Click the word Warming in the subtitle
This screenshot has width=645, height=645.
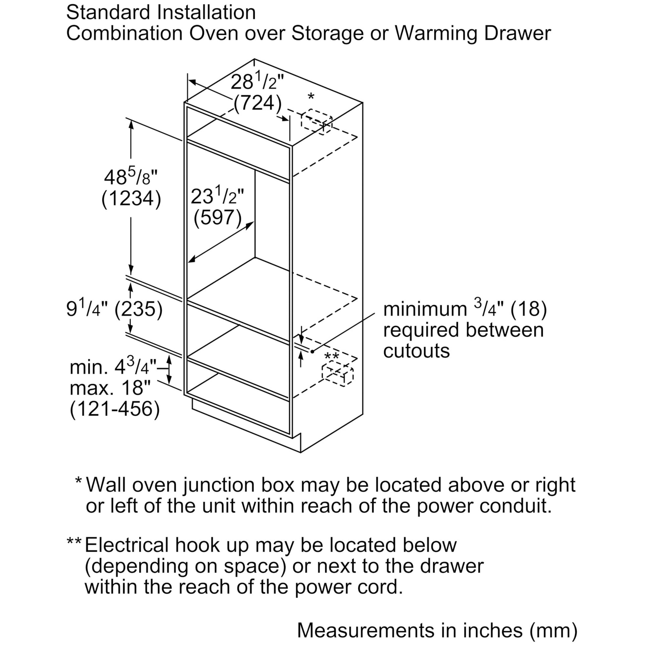(436, 34)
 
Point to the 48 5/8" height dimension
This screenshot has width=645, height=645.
(131, 177)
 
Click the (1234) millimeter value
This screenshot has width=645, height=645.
(131, 199)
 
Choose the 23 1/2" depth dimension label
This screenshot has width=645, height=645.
(217, 196)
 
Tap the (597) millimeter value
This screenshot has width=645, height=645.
(218, 217)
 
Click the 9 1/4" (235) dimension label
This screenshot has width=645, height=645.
(114, 309)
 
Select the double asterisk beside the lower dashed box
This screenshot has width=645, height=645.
(332, 356)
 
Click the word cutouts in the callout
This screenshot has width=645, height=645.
(416, 351)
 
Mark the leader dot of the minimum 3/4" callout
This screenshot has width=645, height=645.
(313, 351)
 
